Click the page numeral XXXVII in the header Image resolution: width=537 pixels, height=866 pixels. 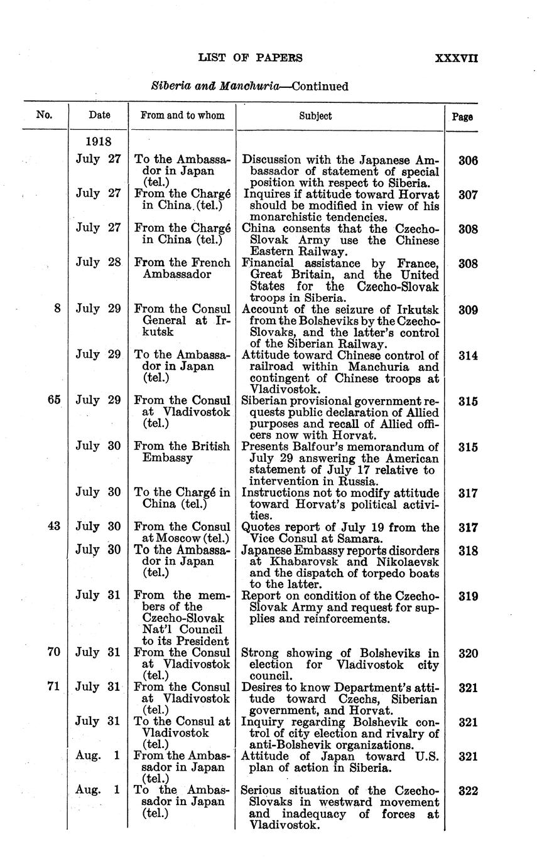(x=457, y=58)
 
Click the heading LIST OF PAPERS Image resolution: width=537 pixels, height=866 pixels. (x=251, y=58)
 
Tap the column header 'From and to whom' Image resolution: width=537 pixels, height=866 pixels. (x=182, y=115)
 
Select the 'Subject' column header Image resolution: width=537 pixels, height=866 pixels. (x=315, y=115)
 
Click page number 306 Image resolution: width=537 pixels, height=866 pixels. (x=468, y=161)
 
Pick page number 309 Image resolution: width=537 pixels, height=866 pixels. (x=468, y=309)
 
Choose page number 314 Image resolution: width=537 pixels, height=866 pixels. (x=468, y=356)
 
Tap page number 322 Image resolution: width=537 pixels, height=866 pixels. (x=468, y=791)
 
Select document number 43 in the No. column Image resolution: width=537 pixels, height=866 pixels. (x=53, y=527)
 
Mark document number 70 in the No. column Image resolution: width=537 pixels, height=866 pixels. (x=53, y=653)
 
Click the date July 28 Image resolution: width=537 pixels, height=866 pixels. (x=98, y=264)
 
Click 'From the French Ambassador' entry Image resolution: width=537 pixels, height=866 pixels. (x=182, y=269)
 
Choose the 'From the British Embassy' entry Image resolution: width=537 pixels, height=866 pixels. (x=182, y=452)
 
